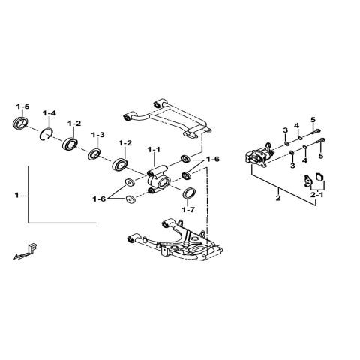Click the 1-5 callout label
coord(22,107)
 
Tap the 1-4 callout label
coord(49,113)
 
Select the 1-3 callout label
coord(97,135)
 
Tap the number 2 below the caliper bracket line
coord(278,199)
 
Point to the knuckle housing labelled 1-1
coord(160,181)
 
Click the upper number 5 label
coord(313,120)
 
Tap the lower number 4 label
coord(304,159)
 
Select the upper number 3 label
coord(285,131)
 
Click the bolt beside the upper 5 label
coord(310,136)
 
